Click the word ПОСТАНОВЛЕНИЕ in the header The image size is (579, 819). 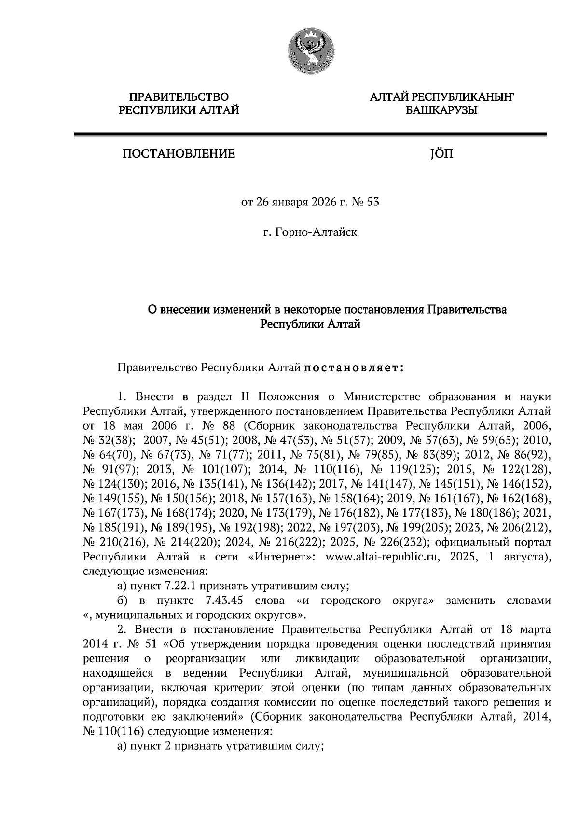pyautogui.click(x=179, y=154)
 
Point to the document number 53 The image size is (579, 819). pyautogui.click(x=373, y=202)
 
